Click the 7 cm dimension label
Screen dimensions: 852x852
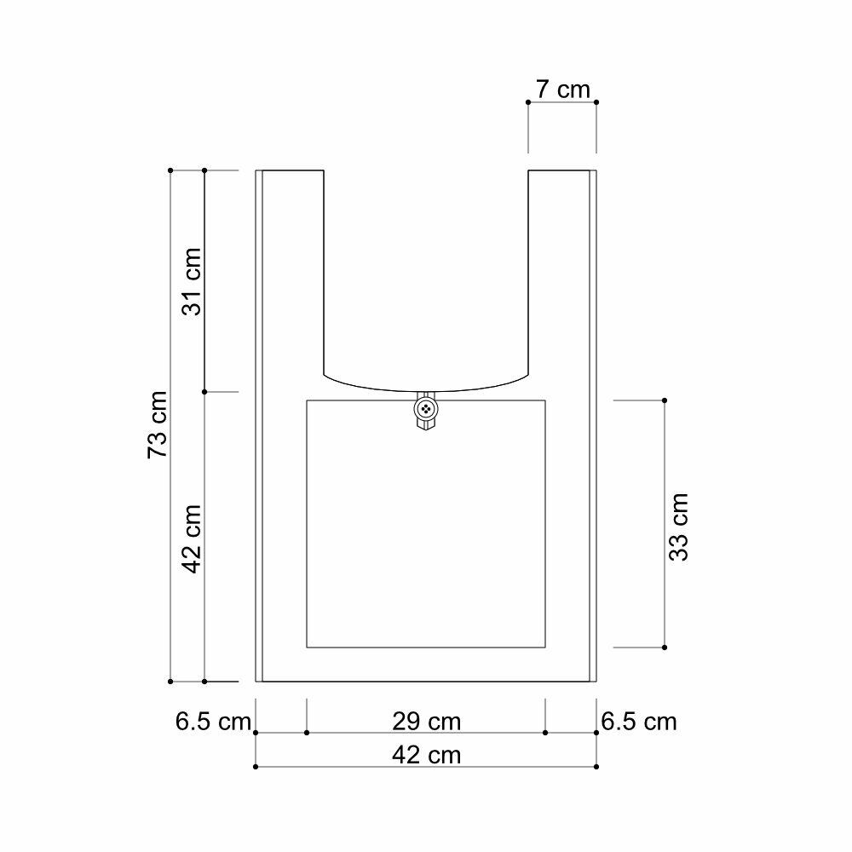[562, 89]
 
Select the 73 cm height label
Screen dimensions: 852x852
[158, 424]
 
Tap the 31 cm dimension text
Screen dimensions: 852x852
[191, 281]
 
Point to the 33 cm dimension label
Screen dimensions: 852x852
[679, 527]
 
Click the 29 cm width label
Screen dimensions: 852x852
[427, 722]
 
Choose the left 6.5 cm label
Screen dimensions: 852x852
[213, 722]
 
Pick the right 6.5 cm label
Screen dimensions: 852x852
[639, 722]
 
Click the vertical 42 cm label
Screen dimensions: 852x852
[191, 538]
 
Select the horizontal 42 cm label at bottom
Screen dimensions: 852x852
[427, 755]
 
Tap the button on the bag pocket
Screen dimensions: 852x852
[426, 409]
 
